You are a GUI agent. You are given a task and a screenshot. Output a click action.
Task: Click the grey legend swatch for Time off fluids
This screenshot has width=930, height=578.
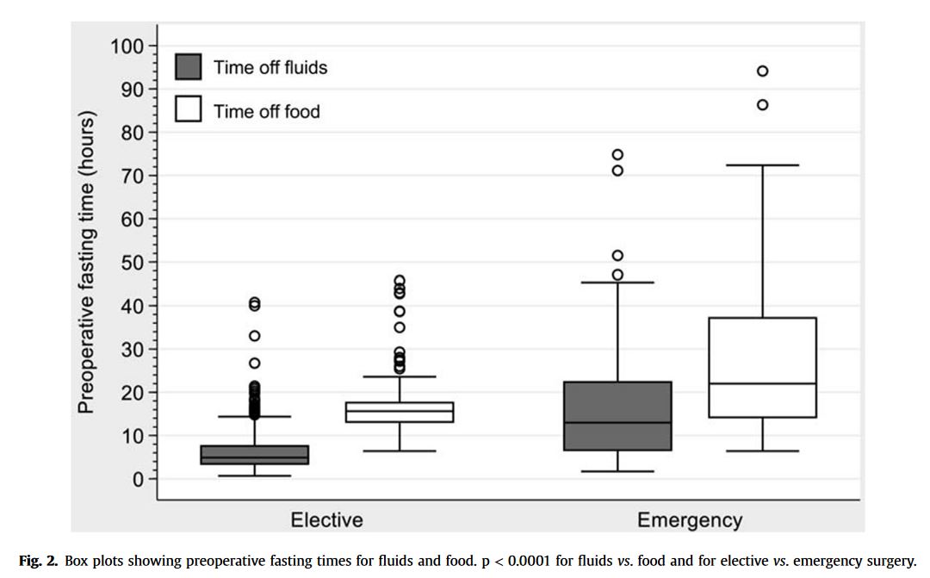point(188,67)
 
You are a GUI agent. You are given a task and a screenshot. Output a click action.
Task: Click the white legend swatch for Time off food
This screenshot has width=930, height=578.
point(188,110)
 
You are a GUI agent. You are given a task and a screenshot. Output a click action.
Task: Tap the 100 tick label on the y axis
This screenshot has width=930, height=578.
point(127,46)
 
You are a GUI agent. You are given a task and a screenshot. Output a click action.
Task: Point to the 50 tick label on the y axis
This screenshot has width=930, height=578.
point(132,262)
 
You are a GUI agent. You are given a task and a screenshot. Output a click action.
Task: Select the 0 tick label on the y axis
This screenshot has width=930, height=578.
point(137,479)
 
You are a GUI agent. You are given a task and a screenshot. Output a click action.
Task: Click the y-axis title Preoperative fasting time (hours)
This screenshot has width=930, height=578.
point(86,262)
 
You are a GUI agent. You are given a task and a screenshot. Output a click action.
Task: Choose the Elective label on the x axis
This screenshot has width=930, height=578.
point(326,520)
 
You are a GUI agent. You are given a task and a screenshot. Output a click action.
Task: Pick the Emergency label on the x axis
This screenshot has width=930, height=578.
point(689,520)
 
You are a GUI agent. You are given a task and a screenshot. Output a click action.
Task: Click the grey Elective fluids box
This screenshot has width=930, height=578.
point(255,455)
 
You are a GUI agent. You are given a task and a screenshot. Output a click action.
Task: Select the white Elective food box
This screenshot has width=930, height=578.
point(400,412)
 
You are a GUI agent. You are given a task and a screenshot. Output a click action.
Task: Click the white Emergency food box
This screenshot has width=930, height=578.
point(762,367)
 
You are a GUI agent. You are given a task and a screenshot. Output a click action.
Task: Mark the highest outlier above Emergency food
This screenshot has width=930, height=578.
point(762,71)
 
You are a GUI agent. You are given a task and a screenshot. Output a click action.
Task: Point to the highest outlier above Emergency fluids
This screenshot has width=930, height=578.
point(617,155)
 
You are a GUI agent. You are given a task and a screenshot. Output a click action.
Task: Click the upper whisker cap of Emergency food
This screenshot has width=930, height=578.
point(762,165)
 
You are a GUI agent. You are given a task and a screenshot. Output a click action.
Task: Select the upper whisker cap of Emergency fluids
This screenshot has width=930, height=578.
point(617,283)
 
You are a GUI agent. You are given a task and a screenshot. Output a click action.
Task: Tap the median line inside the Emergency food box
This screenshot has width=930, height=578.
point(762,383)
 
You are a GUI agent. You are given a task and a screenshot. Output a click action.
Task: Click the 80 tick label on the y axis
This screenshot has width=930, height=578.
point(132,133)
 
